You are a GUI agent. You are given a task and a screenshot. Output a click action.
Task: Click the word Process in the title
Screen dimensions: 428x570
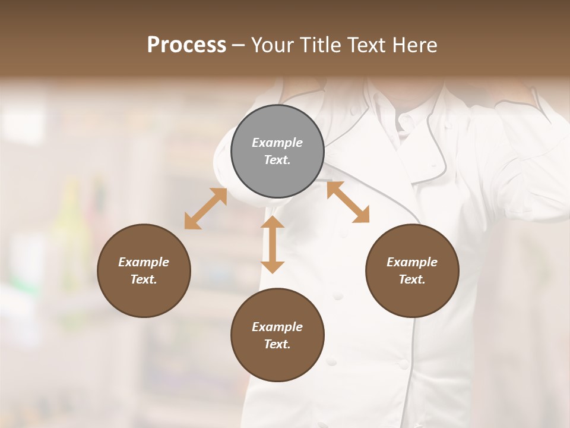186,45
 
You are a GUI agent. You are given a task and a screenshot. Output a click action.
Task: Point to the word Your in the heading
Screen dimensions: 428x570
273,45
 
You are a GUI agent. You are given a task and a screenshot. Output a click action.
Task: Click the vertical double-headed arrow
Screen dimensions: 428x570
273,244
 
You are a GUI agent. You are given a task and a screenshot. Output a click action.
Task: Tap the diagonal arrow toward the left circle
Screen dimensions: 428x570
205,209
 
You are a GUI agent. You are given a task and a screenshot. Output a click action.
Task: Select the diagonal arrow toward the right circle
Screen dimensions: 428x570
348,202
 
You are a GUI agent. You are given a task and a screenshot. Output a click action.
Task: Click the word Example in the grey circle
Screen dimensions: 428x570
277,143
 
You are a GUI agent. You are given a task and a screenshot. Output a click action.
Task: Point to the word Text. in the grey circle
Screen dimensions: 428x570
277,160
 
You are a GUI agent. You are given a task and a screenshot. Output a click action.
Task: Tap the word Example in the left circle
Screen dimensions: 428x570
144,262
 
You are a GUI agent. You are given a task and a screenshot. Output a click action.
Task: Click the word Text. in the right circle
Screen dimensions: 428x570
412,279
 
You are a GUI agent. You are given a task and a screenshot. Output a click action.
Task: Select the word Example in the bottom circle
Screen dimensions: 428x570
277,327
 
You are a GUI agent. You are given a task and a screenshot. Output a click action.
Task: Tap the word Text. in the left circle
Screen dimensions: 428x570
144,279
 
